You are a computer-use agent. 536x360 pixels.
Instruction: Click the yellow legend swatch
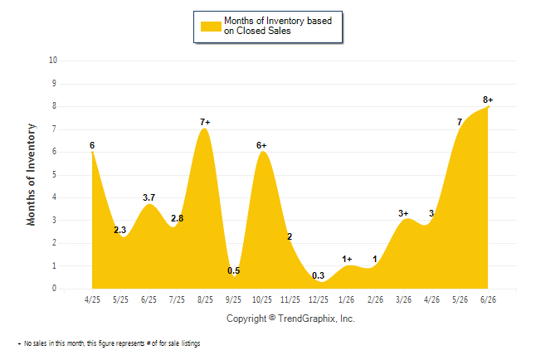click(x=211, y=27)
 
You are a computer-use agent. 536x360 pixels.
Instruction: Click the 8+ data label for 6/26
click(x=488, y=100)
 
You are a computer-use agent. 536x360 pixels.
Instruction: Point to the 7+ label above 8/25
click(x=205, y=122)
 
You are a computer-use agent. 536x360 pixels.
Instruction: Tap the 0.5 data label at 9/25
click(x=234, y=270)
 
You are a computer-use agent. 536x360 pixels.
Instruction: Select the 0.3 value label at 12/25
click(x=319, y=275)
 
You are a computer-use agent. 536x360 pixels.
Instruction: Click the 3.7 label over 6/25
click(x=149, y=197)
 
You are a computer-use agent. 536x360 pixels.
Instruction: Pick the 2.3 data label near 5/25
click(x=120, y=230)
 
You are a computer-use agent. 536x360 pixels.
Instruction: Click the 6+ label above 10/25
click(x=261, y=146)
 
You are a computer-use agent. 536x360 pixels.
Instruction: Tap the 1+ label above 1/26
click(x=347, y=259)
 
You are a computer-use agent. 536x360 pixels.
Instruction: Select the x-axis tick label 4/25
click(x=92, y=299)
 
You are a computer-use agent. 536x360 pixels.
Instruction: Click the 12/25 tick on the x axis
click(x=319, y=299)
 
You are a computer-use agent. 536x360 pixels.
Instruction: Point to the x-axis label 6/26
click(x=488, y=299)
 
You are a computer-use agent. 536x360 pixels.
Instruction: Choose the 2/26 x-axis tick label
click(x=375, y=299)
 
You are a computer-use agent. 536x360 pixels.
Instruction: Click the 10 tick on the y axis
click(x=53, y=61)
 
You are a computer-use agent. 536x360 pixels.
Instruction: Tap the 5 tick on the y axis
click(x=54, y=175)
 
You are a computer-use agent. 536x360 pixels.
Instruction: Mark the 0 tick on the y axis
click(x=54, y=289)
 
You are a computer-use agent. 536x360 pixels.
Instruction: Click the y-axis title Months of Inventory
click(x=31, y=175)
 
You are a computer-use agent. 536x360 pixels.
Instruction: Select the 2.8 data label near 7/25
click(x=177, y=218)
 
